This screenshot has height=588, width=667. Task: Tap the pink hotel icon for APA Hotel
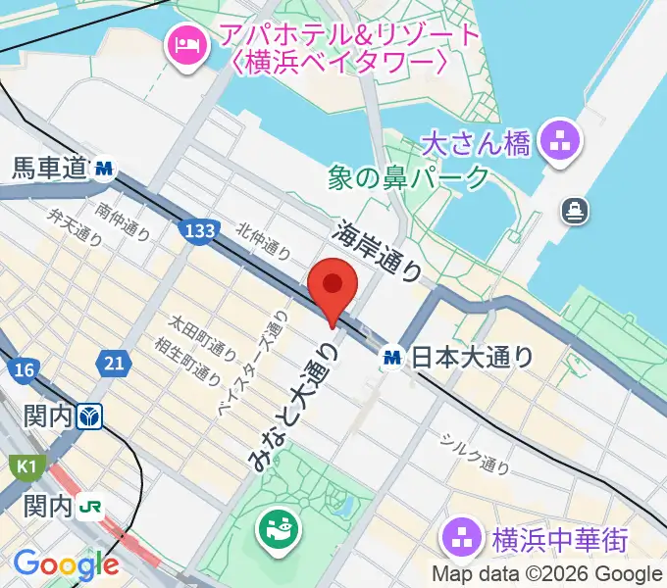[x=186, y=44]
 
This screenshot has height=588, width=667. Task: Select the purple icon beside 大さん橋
[x=562, y=143]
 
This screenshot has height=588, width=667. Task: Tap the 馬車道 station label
[x=49, y=170]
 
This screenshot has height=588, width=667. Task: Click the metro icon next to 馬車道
[x=104, y=170]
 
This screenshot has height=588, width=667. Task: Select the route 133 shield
[x=199, y=230]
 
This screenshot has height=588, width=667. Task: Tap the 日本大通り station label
[x=471, y=358]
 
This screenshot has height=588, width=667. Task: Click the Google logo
[x=66, y=564]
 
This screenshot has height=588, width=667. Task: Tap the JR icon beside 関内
[x=92, y=507]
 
